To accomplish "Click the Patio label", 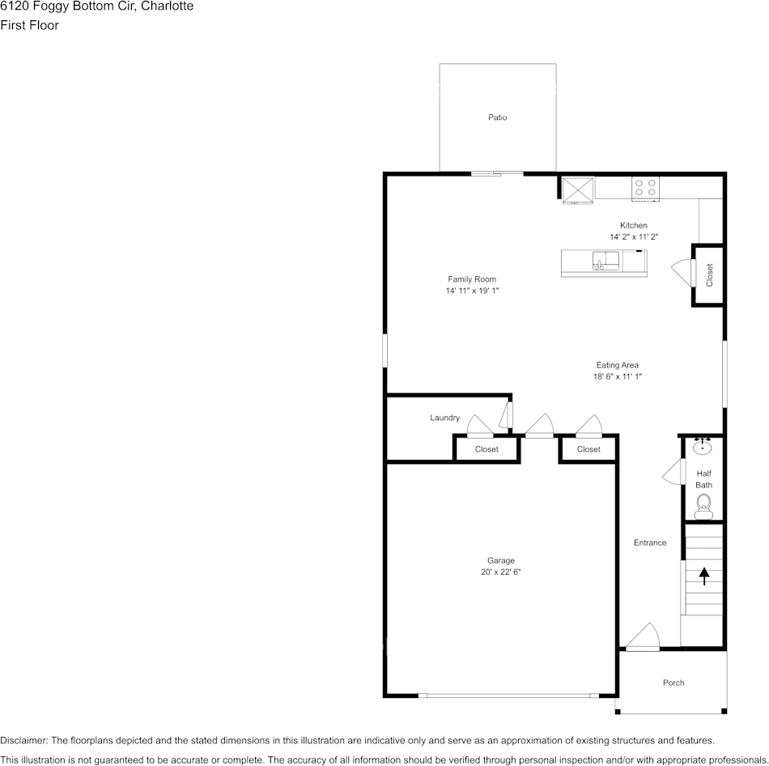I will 497,117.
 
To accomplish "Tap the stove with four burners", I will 645,188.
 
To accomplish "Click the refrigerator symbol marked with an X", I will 578,189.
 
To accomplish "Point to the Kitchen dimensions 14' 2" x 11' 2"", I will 634,236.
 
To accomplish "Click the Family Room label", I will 472,279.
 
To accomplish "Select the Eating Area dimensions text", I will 618,377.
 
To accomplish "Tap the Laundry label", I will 444,418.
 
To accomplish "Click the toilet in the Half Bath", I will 703,504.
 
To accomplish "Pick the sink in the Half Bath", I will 703,446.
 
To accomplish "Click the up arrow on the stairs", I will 703,576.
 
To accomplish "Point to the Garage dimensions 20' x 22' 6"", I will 500,572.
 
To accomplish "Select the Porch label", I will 673,683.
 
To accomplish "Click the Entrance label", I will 650,543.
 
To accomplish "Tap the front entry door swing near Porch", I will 644,637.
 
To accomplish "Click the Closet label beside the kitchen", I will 710,275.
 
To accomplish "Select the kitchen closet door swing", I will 682,272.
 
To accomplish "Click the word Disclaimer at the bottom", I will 23,740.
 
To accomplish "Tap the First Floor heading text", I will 29,25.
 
